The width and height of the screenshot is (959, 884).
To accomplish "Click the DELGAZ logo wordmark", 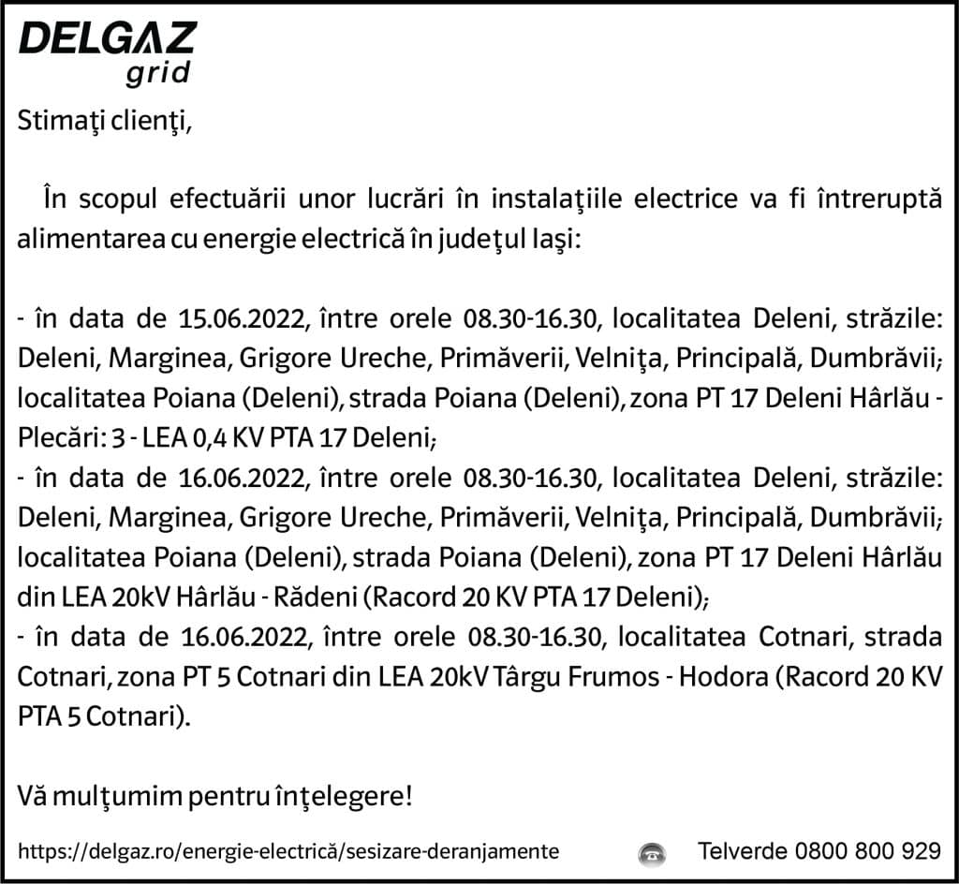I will coord(108,39).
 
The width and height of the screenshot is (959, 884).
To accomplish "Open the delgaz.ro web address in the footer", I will coord(289,851).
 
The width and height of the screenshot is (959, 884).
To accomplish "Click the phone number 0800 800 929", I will coord(867,851).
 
